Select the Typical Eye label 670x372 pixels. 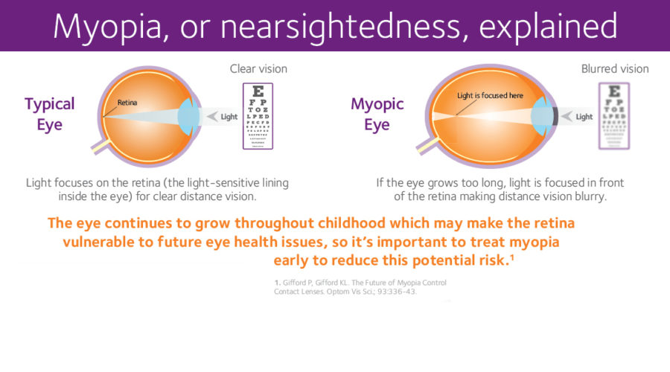[x=50, y=114]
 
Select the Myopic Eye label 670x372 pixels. [x=377, y=114]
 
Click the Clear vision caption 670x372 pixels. [x=258, y=69]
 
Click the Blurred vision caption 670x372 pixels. [x=614, y=69]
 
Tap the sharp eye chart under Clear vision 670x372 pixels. [x=258, y=115]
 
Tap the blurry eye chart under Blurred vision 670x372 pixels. [x=614, y=115]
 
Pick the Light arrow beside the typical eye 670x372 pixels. [x=223, y=116]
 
